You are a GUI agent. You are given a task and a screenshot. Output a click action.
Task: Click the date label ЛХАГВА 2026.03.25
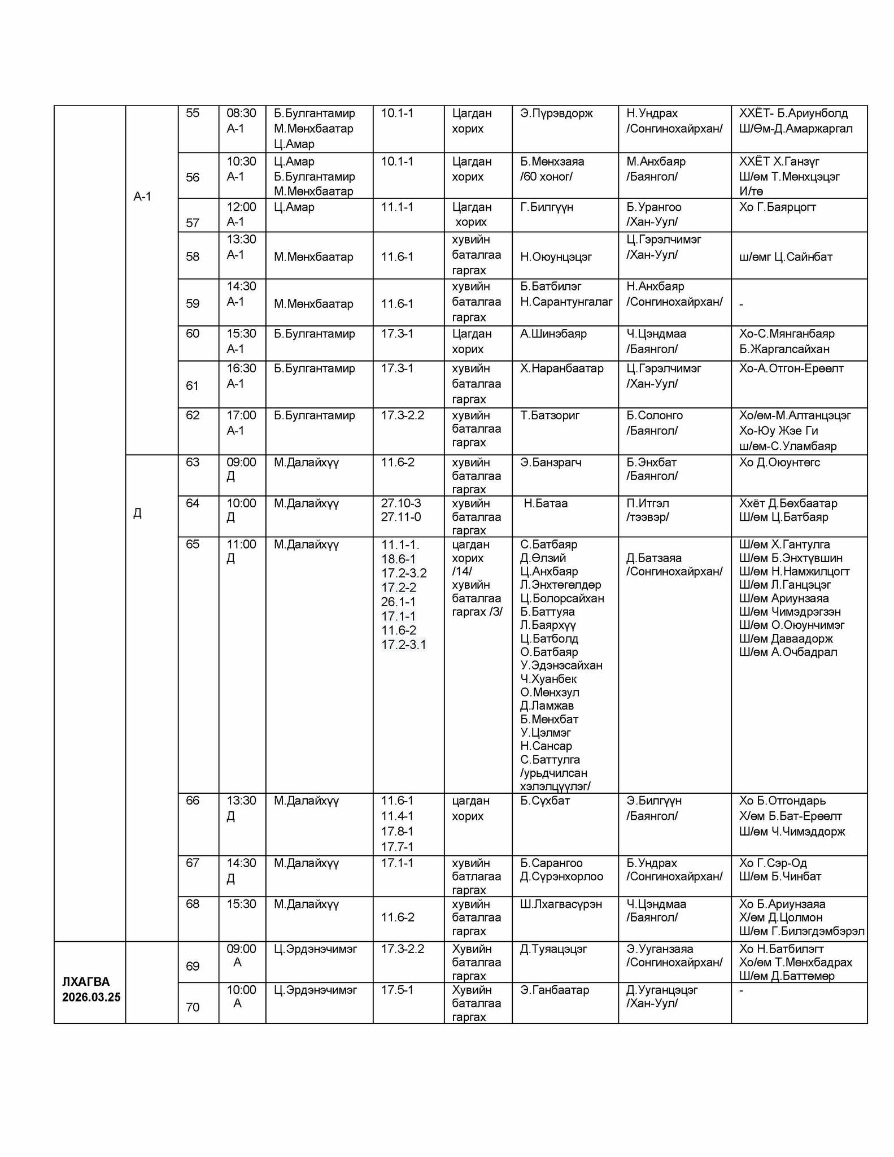pos(91,989)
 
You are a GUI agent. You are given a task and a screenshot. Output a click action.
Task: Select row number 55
pos(193,113)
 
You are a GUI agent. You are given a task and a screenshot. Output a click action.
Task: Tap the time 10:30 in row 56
pos(241,162)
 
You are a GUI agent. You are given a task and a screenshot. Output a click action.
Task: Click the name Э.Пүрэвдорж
pos(556,113)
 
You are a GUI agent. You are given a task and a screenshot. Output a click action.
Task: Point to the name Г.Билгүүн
pos(546,207)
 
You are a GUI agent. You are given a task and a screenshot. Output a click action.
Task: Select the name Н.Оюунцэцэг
pos(556,256)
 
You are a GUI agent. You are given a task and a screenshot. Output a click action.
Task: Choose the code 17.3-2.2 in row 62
pos(402,415)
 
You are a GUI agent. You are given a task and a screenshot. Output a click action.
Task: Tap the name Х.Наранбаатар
pos(561,368)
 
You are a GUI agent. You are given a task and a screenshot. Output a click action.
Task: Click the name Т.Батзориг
pos(550,415)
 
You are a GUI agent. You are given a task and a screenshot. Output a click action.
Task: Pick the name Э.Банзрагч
pos(551,462)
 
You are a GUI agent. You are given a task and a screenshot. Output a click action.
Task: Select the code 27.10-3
pos(400,503)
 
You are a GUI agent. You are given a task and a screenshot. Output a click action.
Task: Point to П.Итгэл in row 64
pos(651,503)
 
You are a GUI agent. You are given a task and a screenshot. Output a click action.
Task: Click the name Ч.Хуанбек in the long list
pos(548,678)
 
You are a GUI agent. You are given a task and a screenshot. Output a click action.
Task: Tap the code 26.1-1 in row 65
pos(398,602)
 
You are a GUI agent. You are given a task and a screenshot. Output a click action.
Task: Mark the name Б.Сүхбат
pos(545,801)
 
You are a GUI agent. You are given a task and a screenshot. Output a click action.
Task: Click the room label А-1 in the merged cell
pos(142,197)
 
